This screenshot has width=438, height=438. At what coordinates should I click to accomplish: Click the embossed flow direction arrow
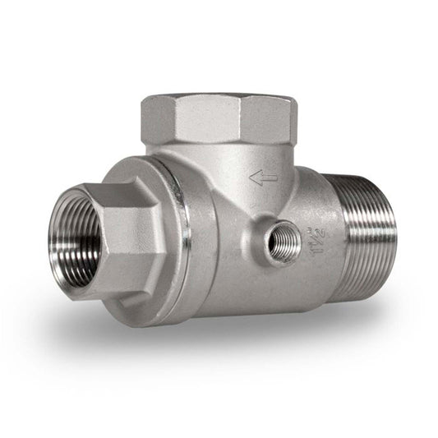pyautogui.click(x=262, y=178)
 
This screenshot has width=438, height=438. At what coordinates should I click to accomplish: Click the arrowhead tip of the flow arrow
pyautogui.click(x=252, y=178)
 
